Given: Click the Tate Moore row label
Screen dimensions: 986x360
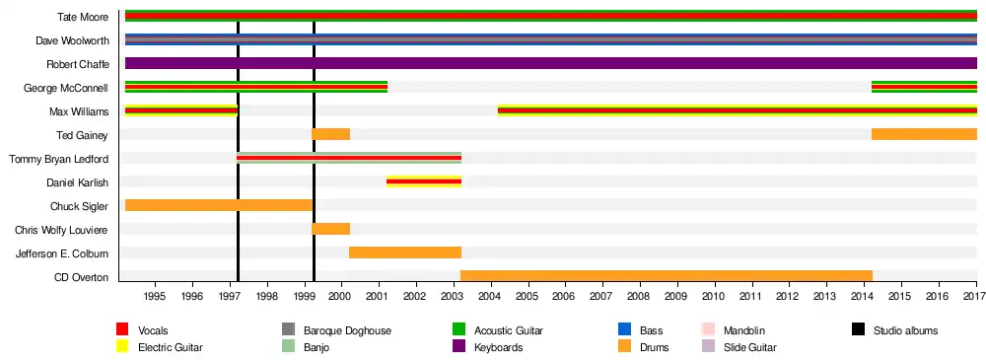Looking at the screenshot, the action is [x=83, y=17].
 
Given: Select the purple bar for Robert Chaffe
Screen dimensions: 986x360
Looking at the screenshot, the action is [x=551, y=63].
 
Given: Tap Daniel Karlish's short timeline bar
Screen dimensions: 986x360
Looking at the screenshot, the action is [x=424, y=181].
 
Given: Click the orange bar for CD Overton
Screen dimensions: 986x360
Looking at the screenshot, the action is [x=667, y=275].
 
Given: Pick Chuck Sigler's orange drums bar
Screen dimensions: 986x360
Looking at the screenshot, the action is [x=219, y=205].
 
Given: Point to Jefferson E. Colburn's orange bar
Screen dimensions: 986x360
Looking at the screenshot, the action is [x=405, y=252].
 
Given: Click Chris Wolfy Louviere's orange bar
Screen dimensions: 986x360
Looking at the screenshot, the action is [x=330, y=229].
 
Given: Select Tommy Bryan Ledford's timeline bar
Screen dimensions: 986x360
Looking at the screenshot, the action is [x=349, y=158].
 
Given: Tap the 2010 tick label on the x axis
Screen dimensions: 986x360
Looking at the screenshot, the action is [x=714, y=295].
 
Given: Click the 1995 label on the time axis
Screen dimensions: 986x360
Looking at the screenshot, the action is [x=156, y=295].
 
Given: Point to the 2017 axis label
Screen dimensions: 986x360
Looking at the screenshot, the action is [x=975, y=295].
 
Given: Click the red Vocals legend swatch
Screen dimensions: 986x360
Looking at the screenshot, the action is [x=122, y=329].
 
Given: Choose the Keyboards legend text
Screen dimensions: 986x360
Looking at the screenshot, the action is [x=499, y=347].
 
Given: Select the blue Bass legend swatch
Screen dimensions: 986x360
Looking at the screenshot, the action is [x=624, y=329].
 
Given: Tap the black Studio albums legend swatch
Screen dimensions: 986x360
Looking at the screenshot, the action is [x=858, y=329].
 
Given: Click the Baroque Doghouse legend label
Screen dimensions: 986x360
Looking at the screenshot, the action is [x=347, y=330].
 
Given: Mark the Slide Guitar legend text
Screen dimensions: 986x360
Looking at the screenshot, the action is [x=749, y=347].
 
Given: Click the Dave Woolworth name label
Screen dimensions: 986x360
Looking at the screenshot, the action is [x=72, y=40].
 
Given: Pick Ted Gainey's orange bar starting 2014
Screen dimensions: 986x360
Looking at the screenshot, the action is [x=925, y=134].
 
